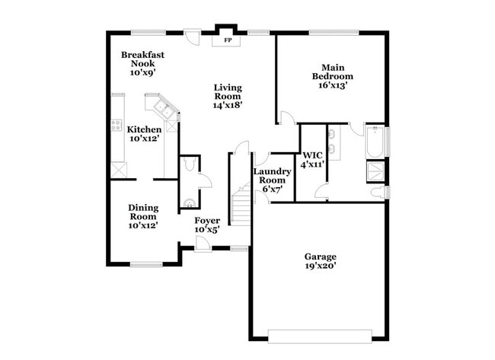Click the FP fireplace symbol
coord(228,39)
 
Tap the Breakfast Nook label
coord(142,59)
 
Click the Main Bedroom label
coord(333,72)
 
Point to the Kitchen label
coord(144,129)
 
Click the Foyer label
coord(207,221)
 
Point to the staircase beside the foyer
coord(241,204)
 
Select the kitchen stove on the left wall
coord(117,124)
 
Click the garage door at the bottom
coord(320,333)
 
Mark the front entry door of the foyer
coord(202,244)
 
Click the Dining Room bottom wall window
coord(145,264)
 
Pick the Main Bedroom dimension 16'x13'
coord(333,86)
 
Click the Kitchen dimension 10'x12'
coord(144,139)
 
